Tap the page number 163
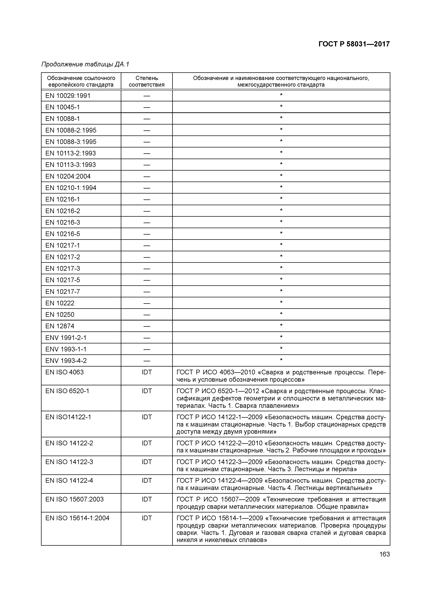[x=384, y=554]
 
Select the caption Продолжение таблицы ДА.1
[x=85, y=64]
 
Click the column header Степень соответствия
[x=147, y=81]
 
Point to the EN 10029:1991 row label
[x=68, y=96]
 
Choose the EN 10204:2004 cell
[x=68, y=176]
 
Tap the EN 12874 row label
[x=60, y=326]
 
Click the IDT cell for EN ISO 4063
[x=147, y=372]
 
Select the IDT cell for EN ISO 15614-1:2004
[x=147, y=518]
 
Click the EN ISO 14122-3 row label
[x=69, y=462]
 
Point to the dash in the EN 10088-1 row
[x=147, y=119]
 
